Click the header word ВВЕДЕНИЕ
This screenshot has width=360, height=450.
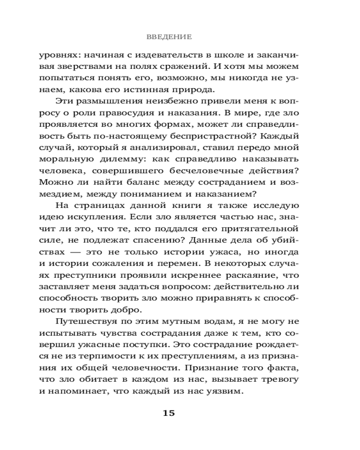(x=169, y=36)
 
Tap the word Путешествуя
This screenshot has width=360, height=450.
(x=85, y=321)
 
